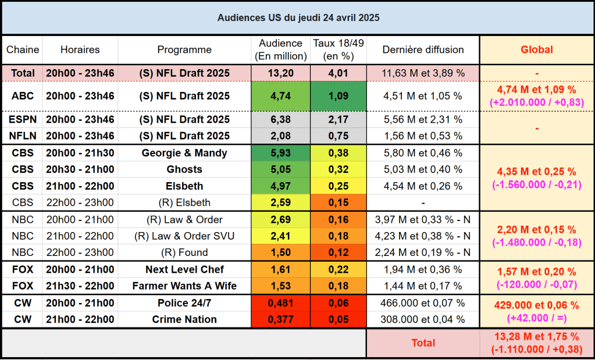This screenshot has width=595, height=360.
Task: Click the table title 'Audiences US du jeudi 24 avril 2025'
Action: pyautogui.click(x=298, y=18)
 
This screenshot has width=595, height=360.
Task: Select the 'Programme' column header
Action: pyautogui.click(x=184, y=50)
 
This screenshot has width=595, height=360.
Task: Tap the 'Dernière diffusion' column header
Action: pyautogui.click(x=423, y=50)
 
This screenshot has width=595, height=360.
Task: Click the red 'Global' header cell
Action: pyautogui.click(x=536, y=50)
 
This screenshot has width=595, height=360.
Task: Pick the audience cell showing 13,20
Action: pyautogui.click(x=280, y=73)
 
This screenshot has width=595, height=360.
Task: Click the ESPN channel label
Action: pyautogui.click(x=23, y=120)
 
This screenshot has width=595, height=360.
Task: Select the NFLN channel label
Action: pyautogui.click(x=23, y=136)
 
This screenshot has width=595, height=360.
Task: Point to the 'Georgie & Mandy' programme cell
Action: pyautogui.click(x=184, y=154)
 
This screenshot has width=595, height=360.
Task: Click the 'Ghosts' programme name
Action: pyautogui.click(x=184, y=170)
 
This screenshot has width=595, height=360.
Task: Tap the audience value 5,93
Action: pyautogui.click(x=280, y=154)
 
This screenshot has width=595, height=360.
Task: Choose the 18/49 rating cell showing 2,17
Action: pyautogui.click(x=338, y=120)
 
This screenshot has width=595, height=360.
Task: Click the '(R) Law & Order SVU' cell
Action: pyautogui.click(x=184, y=236)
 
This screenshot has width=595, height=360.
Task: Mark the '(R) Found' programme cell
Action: pyautogui.click(x=184, y=252)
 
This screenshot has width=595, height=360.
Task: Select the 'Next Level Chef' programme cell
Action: pyautogui.click(x=184, y=270)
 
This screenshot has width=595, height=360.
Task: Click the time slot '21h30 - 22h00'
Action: pyautogui.click(x=80, y=286)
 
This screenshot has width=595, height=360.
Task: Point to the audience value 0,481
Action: pyautogui.click(x=280, y=304)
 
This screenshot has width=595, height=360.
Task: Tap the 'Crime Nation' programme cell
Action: pyautogui.click(x=184, y=320)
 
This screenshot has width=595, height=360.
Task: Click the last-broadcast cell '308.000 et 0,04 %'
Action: pyautogui.click(x=423, y=320)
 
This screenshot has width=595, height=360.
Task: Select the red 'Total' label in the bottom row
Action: pyautogui.click(x=423, y=343)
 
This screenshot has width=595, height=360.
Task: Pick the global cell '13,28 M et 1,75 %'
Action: pyautogui.click(x=536, y=337)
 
